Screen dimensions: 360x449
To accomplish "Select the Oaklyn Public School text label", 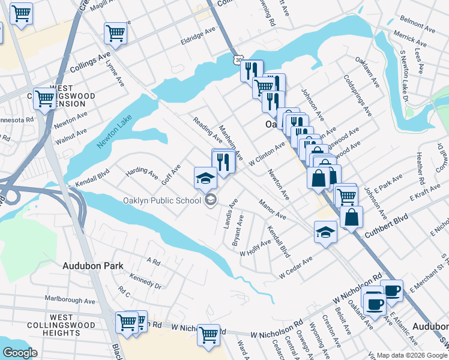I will click(161, 200).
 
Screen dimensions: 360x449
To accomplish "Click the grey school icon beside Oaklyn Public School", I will click(210, 200).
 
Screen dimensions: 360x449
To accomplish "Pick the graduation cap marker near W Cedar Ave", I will click(325, 232).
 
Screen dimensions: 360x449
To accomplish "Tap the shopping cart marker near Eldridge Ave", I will click(115, 34).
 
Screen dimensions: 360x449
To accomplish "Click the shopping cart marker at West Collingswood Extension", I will click(45, 98).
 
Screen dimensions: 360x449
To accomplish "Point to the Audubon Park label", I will click(92, 265).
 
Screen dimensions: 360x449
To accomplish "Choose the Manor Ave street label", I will click(273, 209).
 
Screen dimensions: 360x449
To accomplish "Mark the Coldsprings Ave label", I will click(358, 95).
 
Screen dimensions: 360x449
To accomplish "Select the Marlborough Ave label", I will click(70, 300).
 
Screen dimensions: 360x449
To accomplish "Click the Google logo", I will click(20, 353).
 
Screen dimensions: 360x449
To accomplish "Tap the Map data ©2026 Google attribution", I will click(411, 355).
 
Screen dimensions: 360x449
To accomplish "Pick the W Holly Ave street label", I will click(256, 248).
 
